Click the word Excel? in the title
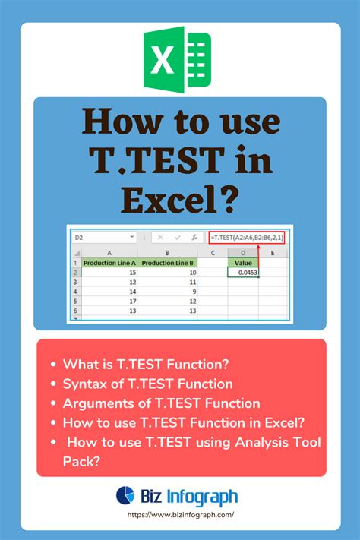pyautogui.click(x=180, y=200)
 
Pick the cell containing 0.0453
pyautogui.click(x=242, y=271)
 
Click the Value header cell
pyautogui.click(x=242, y=262)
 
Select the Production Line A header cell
pyautogui.click(x=110, y=262)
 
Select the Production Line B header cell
pyautogui.click(x=169, y=262)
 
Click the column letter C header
pyautogui.click(x=213, y=252)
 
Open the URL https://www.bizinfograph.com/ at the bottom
pyautogui.click(x=181, y=515)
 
